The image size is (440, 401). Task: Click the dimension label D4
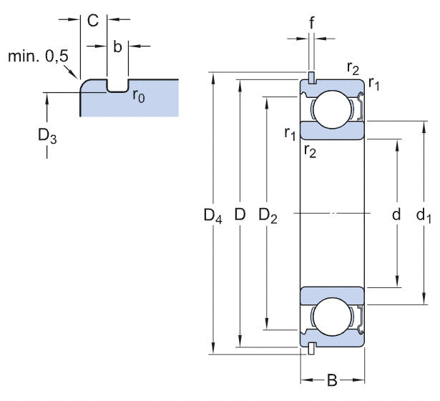click(x=212, y=216)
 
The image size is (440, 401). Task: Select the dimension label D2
click(x=268, y=215)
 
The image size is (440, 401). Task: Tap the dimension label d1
click(x=424, y=216)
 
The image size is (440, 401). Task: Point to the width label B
click(x=332, y=380)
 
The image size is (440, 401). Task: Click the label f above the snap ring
click(x=311, y=22)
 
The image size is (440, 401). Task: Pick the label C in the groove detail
click(x=93, y=20)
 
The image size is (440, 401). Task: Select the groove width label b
click(x=117, y=46)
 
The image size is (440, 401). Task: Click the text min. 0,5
click(x=38, y=56)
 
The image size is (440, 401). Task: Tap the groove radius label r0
click(x=139, y=96)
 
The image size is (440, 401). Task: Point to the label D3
click(x=47, y=137)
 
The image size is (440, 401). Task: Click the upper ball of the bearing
click(x=332, y=109)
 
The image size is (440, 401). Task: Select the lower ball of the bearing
click(x=332, y=317)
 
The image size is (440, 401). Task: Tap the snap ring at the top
click(x=311, y=78)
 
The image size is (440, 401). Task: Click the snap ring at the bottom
click(x=311, y=349)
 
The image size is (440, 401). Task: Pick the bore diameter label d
click(x=396, y=215)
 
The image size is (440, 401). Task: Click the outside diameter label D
click(x=240, y=214)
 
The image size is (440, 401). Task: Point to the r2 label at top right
click(x=353, y=68)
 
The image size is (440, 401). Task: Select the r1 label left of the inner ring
click(x=290, y=133)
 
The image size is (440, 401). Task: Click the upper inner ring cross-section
click(x=332, y=130)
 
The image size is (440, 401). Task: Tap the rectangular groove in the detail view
click(x=117, y=86)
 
